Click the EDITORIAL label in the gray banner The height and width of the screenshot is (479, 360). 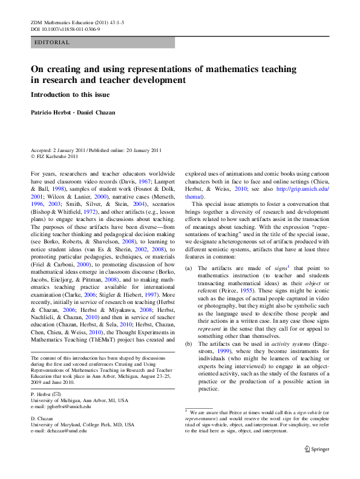point(53,42)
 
